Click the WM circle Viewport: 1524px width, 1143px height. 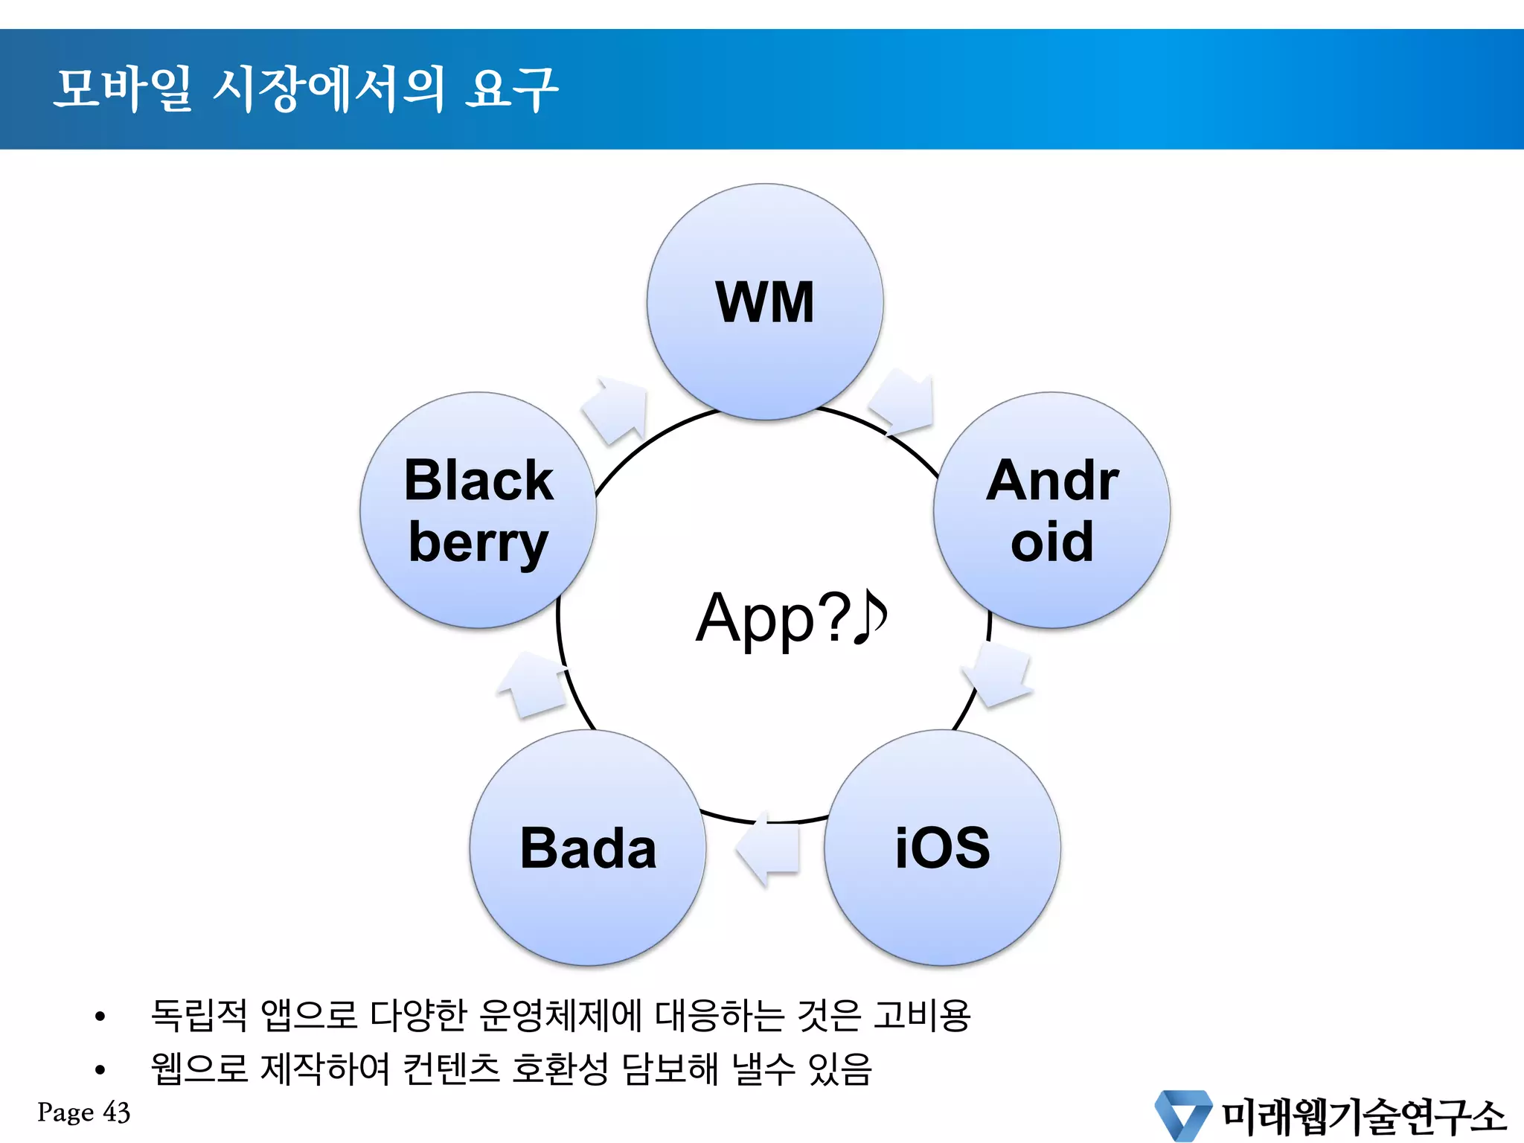click(765, 301)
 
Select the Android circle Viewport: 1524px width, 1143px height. click(1051, 510)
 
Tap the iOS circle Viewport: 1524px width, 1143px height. click(942, 848)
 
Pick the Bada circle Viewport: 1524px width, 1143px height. click(588, 848)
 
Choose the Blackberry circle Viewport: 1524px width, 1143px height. click(478, 510)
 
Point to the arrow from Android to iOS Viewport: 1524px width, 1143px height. click(999, 674)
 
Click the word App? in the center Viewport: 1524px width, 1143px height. click(773, 618)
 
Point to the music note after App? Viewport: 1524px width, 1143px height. click(871, 617)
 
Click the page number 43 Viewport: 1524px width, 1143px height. click(117, 1112)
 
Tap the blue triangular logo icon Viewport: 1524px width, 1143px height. click(1182, 1115)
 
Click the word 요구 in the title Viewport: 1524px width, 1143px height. click(511, 89)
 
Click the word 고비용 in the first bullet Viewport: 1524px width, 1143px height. click(922, 1015)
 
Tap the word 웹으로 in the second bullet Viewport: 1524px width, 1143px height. click(199, 1069)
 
